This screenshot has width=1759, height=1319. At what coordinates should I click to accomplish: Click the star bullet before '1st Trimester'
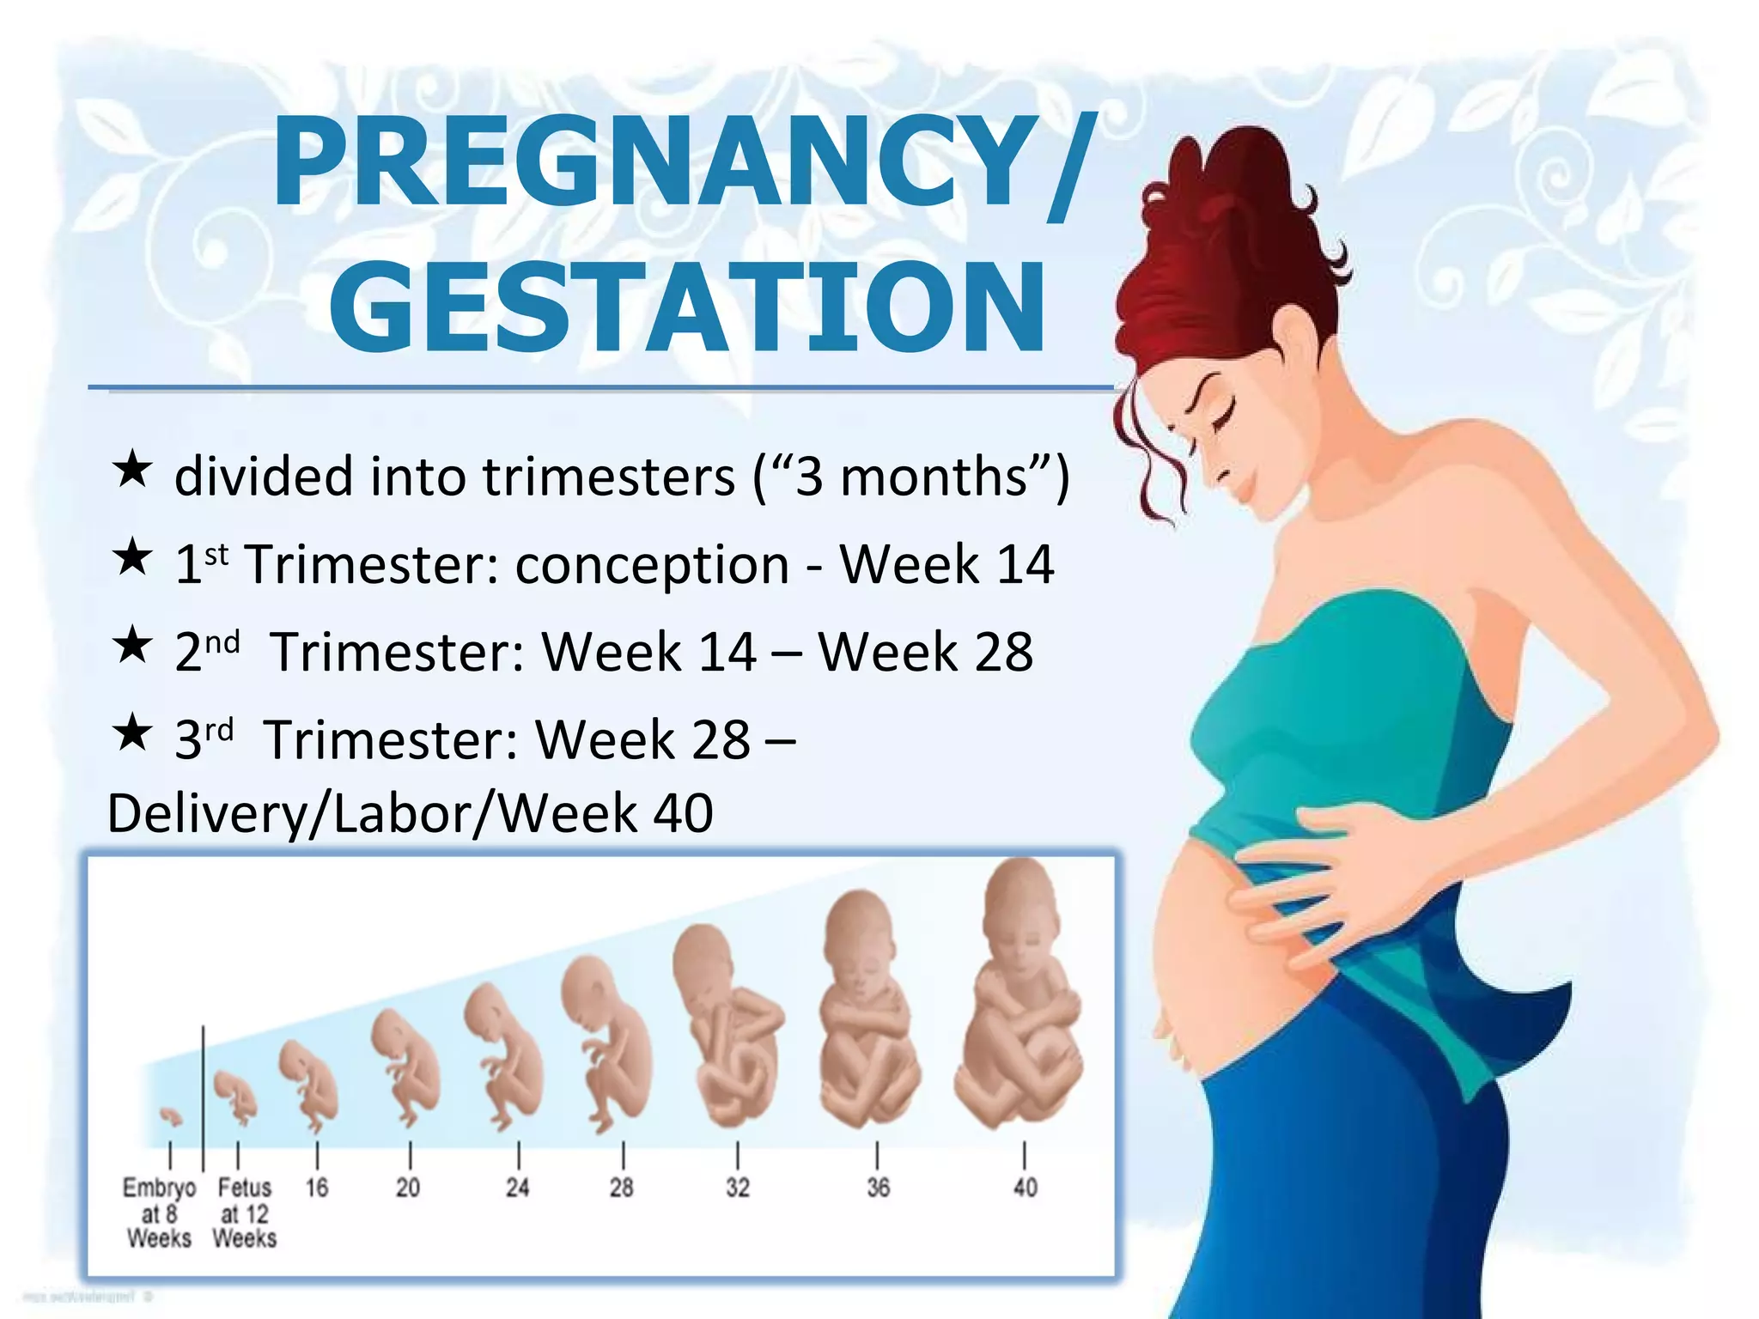click(132, 557)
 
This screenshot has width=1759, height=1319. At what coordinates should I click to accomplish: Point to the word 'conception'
click(652, 565)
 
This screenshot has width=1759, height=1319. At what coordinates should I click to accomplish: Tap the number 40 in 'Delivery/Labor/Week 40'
click(684, 813)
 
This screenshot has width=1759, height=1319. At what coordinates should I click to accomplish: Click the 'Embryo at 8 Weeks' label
click(160, 1213)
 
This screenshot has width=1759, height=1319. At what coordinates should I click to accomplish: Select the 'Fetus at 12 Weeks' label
click(245, 1213)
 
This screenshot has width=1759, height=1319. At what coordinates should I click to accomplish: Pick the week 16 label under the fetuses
click(317, 1188)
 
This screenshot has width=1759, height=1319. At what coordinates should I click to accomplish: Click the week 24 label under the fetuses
click(517, 1188)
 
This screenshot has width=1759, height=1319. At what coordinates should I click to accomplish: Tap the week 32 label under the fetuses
click(738, 1188)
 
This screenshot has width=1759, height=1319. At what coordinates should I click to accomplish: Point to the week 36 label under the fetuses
click(878, 1188)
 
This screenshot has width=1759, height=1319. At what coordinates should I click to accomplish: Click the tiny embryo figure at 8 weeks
click(171, 1115)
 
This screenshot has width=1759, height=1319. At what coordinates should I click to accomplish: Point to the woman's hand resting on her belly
click(1340, 884)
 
